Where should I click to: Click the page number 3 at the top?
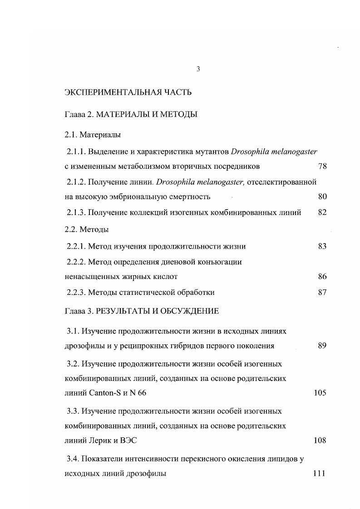[198, 69]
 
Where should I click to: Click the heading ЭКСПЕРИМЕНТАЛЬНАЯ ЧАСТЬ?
[128, 93]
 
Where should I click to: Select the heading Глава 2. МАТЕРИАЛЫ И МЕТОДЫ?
[131, 115]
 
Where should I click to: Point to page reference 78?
[322, 166]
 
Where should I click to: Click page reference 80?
[322, 197]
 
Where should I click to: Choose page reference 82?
[322, 212]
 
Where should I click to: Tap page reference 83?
[322, 246]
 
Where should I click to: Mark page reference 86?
[322, 276]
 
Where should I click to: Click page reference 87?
[322, 292]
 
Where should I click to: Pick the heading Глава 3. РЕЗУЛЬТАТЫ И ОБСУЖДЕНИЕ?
[142, 311]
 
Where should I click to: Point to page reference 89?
[322, 346]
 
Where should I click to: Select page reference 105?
[320, 393]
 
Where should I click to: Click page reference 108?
[320, 440]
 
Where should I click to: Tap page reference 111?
[320, 474]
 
